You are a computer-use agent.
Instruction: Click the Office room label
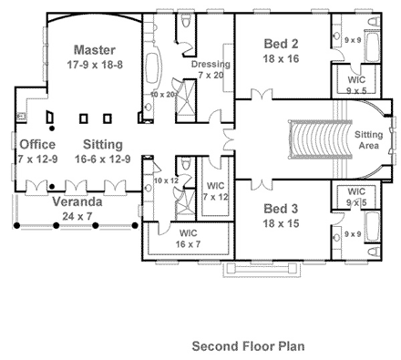[37, 145]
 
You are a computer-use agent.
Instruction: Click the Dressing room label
[211, 65]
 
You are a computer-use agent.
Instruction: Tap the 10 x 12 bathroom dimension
[167, 180]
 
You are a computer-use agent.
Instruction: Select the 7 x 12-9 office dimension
[37, 159]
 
